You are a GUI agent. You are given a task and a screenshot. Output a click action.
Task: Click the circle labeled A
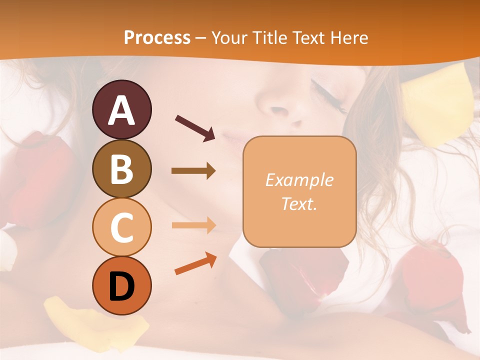tap(121, 109)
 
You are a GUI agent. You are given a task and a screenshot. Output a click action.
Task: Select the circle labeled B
tap(121, 168)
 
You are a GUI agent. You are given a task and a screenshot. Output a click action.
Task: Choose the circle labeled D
tap(121, 285)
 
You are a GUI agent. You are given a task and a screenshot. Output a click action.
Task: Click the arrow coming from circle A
tap(195, 128)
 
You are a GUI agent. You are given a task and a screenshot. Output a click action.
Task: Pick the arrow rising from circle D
tap(195, 264)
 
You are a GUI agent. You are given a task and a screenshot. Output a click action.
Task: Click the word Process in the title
tap(157, 37)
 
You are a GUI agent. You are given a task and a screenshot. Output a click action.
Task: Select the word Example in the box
tap(299, 180)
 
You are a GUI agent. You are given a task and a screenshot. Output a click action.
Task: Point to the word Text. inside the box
tap(299, 203)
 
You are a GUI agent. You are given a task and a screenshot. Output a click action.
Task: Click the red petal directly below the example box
tap(302, 275)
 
